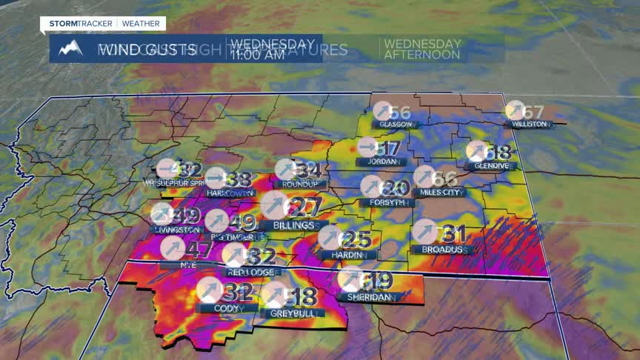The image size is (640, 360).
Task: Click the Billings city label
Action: [x=292, y=225]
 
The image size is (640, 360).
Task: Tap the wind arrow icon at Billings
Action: [x=274, y=206]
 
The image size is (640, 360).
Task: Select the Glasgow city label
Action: [x=396, y=124]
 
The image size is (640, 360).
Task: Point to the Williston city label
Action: [x=530, y=124]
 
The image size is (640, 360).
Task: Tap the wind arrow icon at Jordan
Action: [x=367, y=147]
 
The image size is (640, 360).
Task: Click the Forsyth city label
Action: [x=384, y=202]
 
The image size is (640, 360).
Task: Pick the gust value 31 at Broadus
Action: [x=453, y=235]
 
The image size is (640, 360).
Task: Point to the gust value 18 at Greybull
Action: [x=301, y=296]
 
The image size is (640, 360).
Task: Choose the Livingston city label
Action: [x=176, y=230]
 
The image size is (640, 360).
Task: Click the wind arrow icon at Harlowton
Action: [x=216, y=178]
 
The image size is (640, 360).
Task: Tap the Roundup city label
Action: [x=299, y=184]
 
